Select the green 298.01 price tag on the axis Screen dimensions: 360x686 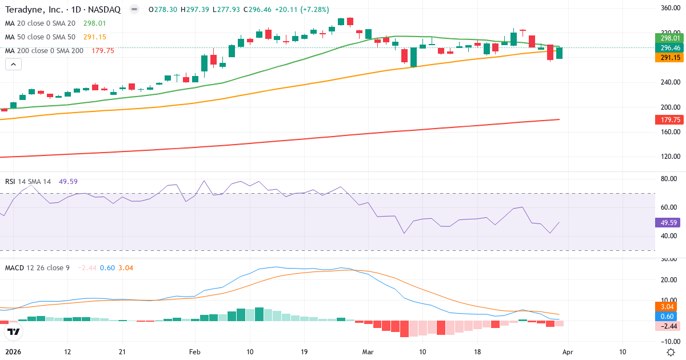[668, 38]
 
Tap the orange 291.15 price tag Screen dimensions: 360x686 [668, 58]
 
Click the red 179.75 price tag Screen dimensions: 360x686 [668, 119]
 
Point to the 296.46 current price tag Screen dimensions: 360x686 [668, 47]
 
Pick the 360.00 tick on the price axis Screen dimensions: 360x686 [669, 8]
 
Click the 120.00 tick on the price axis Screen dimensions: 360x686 [669, 156]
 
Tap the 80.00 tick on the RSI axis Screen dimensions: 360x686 [668, 179]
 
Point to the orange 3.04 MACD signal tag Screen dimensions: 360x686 [668, 307]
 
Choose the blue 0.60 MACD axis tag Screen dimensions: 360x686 [668, 317]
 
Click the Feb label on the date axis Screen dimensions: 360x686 [195, 351]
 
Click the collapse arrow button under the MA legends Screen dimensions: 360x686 [13, 64]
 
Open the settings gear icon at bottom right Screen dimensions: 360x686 [671, 351]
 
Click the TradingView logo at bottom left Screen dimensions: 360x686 [14, 331]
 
